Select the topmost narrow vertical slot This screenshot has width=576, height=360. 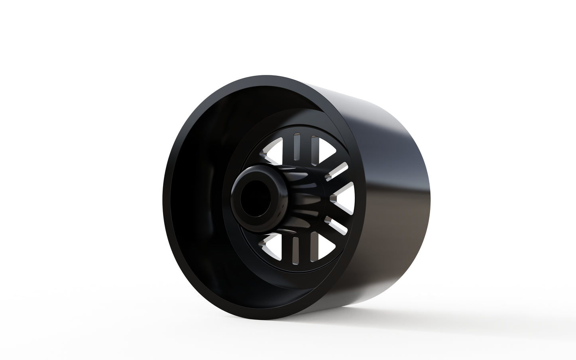point(296,146)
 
